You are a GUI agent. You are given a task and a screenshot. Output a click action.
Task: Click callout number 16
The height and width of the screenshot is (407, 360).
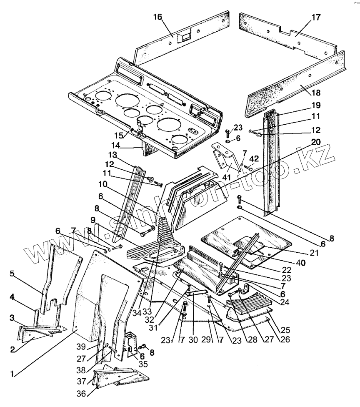pos(157,17)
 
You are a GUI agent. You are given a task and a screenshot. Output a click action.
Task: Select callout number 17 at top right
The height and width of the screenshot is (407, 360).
pos(316,18)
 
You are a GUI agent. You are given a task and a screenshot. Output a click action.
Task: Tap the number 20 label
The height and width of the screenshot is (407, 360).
pos(316,142)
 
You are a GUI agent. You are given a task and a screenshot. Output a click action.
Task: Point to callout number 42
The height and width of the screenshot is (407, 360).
pos(254,159)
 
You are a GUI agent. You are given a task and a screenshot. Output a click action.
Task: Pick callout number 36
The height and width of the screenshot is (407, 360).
pos(81,394)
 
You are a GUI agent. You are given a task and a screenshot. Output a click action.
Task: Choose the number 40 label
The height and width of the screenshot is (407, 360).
pos(300,262)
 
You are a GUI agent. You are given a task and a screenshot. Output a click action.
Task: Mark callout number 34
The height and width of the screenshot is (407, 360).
pos(137,313)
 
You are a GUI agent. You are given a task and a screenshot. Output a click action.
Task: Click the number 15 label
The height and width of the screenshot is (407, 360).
pos(120,136)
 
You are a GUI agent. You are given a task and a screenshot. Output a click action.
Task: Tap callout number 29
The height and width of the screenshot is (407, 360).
pos(206,339)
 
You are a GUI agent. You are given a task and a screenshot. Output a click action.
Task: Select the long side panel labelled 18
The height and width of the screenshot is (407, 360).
pos(296,83)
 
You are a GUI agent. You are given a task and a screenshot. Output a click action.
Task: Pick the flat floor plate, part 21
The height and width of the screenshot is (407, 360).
pos(246,241)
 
